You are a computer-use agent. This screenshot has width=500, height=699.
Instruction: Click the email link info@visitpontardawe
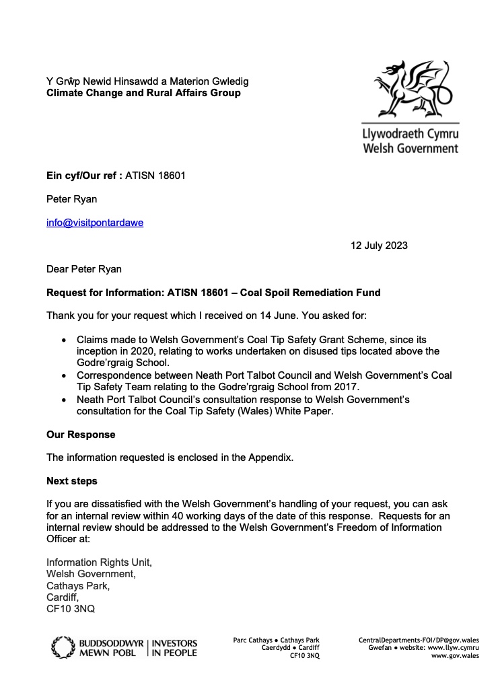94,223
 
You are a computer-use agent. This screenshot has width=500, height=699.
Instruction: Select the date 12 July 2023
379,246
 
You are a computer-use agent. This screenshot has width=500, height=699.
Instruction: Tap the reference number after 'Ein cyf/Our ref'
155,176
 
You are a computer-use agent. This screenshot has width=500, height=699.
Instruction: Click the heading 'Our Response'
81,435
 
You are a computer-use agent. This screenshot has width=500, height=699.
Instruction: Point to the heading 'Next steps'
71,481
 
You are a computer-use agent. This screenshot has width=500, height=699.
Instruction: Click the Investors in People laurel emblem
63,647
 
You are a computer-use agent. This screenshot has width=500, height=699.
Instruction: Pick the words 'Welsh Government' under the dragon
410,148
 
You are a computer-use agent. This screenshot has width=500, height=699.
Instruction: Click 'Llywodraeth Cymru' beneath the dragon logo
410,134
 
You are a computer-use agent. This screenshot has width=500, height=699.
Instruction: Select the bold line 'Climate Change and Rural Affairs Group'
143,93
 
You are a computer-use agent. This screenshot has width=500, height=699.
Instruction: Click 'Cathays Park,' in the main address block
77,586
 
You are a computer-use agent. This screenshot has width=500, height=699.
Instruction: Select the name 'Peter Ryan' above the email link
71,199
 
